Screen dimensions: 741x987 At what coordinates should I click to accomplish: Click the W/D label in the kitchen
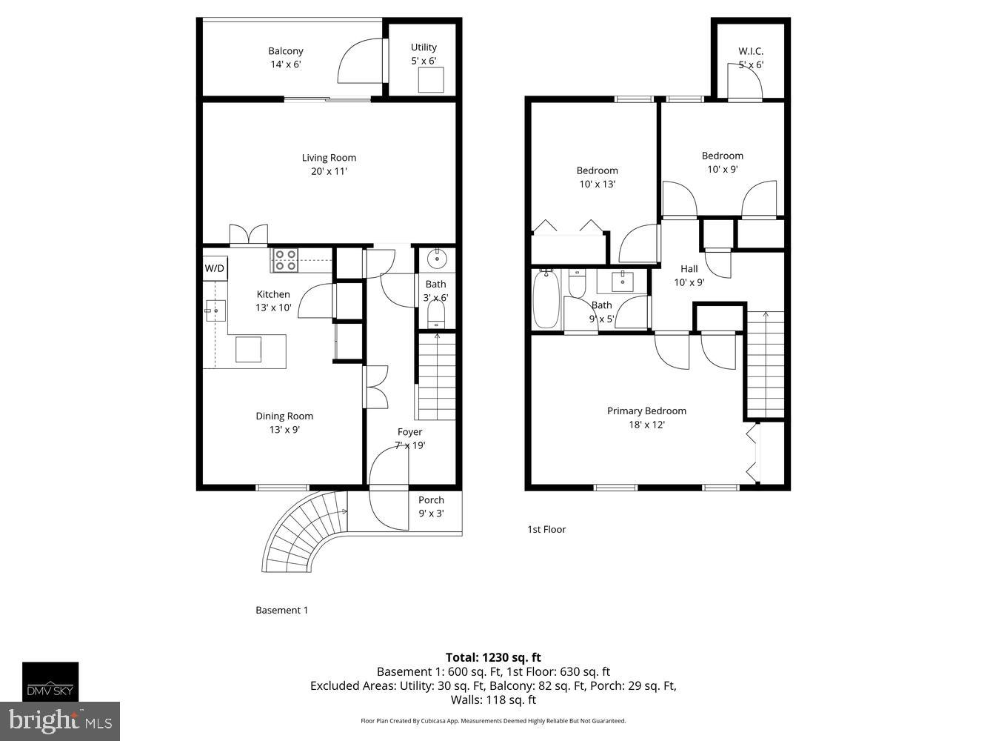point(215,268)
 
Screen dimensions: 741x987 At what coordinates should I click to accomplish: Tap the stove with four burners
point(285,260)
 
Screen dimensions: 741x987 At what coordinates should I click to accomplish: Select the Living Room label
point(329,164)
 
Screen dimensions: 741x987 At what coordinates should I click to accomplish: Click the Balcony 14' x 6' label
point(286,58)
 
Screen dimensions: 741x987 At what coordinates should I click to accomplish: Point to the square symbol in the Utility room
point(430,79)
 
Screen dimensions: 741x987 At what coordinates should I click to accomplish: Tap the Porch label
point(431,506)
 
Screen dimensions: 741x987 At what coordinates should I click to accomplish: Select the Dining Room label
point(284,422)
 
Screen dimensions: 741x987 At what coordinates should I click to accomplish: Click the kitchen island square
point(248,349)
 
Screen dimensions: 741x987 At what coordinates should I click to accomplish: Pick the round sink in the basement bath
point(436,259)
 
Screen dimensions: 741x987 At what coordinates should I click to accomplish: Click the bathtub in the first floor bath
point(546,299)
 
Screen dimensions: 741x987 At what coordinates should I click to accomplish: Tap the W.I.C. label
point(750,58)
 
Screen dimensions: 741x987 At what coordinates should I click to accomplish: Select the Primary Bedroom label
point(646,417)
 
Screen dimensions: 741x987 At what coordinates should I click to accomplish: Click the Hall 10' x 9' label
point(689,275)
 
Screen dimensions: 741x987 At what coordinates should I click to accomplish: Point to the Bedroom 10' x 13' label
point(597,177)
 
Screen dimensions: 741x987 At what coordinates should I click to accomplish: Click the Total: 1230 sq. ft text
point(493,657)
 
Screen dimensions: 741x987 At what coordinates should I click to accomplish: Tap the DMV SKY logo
point(50,682)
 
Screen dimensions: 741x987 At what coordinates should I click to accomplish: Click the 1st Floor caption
point(546,529)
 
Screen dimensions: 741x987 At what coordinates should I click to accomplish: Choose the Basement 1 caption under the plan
point(281,610)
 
